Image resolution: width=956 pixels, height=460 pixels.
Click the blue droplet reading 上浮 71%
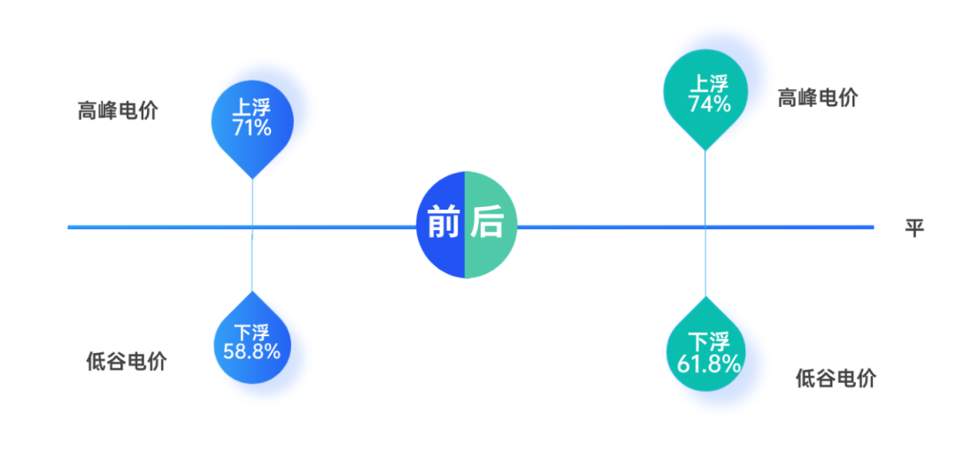252,119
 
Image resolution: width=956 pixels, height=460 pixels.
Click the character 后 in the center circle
486,223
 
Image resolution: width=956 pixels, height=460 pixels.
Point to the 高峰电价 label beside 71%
118,111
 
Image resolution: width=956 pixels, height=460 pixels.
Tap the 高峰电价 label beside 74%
817,97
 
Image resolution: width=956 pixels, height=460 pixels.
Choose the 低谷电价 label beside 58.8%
126,361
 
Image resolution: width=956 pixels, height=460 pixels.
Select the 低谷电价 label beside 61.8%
836,379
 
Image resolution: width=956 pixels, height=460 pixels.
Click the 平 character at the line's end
914,228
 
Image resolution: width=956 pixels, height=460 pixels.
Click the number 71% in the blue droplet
252,128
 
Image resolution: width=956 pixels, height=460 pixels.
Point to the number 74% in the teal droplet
709,104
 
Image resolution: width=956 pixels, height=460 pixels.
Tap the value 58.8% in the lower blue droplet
252,352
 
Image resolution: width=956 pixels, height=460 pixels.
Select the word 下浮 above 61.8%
708,341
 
